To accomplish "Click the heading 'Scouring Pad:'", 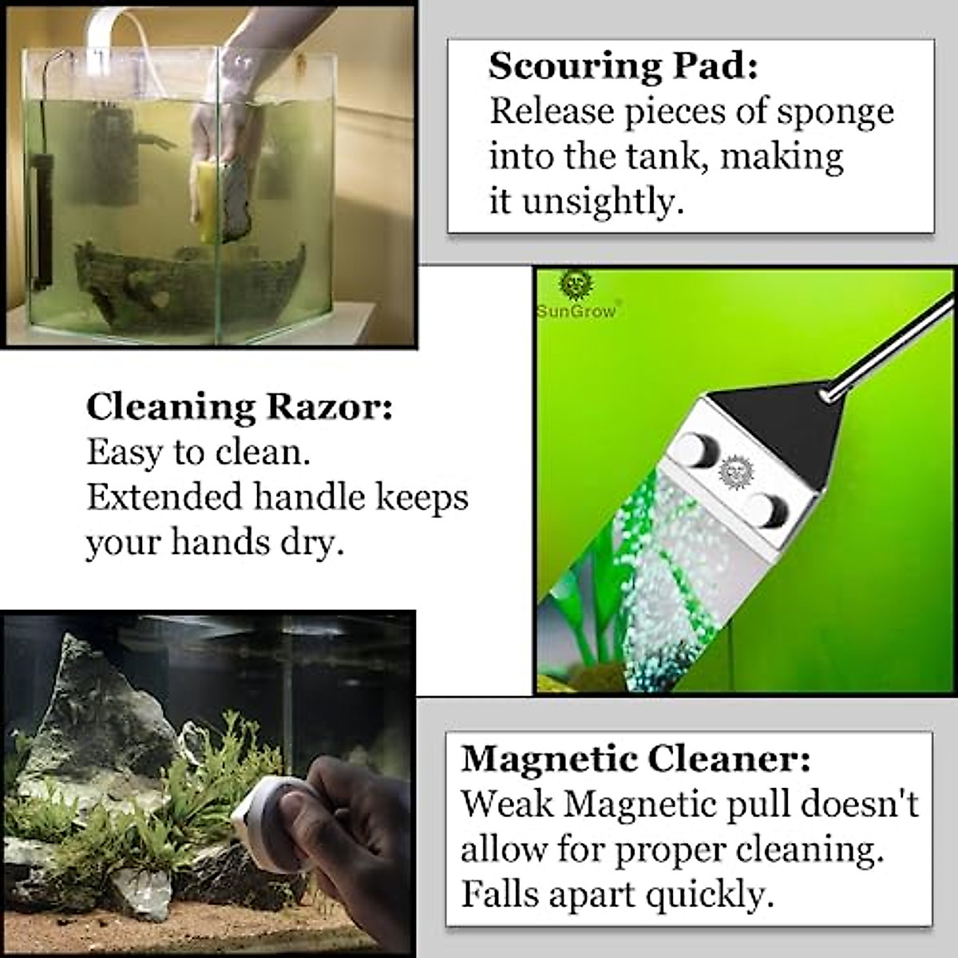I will pos(623,66).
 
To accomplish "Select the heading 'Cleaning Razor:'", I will pos(239,407).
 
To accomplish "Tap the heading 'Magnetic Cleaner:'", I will pos(635,758).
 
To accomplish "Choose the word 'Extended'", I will pos(164,497).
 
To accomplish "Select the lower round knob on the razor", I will pos(767,508).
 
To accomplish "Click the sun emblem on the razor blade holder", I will pos(731,472).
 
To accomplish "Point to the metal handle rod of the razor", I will pos(878,343).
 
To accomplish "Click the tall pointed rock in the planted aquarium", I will pos(88,703).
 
